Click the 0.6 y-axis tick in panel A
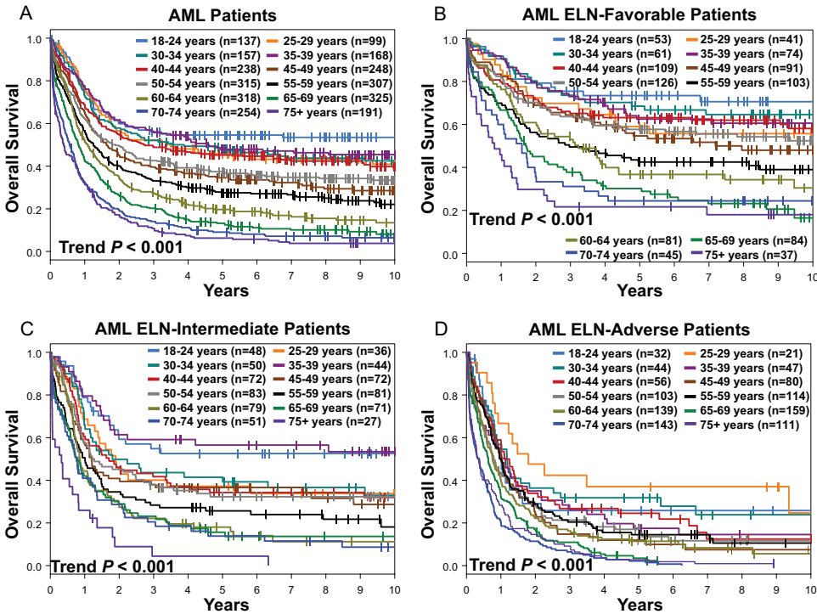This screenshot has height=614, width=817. (x=32, y=124)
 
